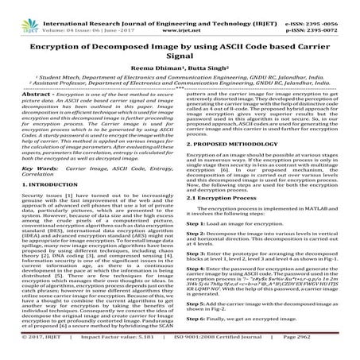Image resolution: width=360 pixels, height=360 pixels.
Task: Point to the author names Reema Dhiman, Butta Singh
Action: (x=179, y=68)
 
